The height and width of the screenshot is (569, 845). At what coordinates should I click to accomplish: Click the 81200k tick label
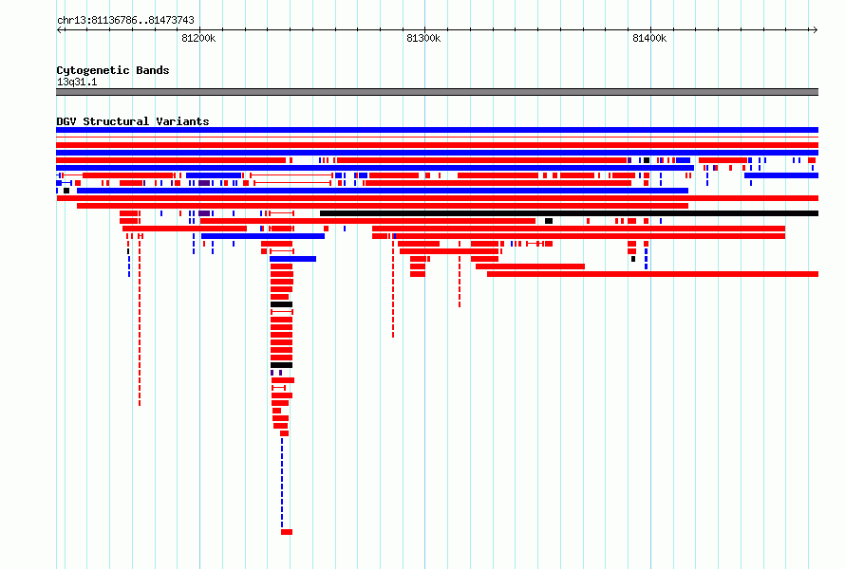[198, 38]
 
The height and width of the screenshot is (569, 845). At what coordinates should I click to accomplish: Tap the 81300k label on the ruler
[423, 38]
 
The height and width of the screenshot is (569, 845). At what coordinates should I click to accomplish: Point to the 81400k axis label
[649, 38]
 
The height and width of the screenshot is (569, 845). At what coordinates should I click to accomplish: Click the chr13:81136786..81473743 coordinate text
[125, 21]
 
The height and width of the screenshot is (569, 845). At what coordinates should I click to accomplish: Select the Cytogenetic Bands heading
[113, 70]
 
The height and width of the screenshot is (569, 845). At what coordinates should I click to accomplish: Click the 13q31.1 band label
[77, 82]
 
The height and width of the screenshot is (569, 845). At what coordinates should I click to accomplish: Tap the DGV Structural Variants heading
[133, 121]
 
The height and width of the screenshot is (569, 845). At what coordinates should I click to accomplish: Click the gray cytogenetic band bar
[437, 92]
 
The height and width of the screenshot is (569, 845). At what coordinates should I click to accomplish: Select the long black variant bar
[569, 213]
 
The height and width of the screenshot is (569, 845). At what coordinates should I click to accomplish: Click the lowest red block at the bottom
[287, 532]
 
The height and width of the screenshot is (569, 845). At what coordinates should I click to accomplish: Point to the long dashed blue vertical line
[282, 483]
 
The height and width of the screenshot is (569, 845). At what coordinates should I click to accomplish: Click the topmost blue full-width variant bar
[437, 130]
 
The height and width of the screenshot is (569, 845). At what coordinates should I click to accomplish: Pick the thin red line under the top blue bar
[437, 138]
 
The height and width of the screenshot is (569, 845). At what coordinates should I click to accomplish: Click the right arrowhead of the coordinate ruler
[817, 30]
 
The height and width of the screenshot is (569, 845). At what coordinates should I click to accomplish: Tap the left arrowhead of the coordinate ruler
[59, 30]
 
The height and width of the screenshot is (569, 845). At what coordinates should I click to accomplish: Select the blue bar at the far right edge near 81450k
[781, 175]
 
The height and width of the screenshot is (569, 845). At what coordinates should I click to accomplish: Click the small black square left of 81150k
[66, 191]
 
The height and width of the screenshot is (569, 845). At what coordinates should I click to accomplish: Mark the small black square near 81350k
[549, 221]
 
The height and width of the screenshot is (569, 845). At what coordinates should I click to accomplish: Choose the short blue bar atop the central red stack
[292, 259]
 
